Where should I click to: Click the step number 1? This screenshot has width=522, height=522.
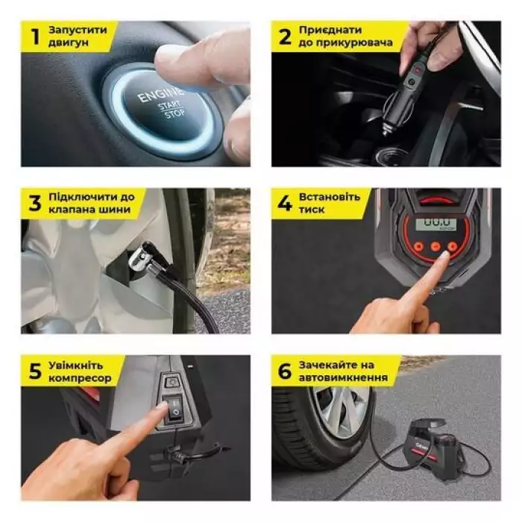tap(35, 37)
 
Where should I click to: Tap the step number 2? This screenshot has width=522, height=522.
tap(285, 37)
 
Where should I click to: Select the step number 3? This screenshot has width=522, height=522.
tap(34, 204)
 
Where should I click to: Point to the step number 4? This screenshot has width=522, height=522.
tap(285, 204)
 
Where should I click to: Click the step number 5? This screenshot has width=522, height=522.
tap(35, 371)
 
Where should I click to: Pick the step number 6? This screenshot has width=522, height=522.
tap(285, 371)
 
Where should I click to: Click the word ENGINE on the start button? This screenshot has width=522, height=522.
tap(160, 95)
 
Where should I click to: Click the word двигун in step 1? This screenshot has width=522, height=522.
tap(69, 43)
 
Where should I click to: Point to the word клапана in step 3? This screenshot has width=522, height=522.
tap(72, 210)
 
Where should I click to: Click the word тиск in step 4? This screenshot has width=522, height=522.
tap(312, 210)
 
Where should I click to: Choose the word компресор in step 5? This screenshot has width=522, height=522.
tap(81, 378)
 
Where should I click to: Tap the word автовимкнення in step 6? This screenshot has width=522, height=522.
tap(343, 377)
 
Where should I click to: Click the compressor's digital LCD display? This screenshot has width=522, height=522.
tap(433, 224)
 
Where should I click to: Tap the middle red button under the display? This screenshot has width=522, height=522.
tap(435, 246)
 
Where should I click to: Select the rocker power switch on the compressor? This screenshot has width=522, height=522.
tap(174, 409)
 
